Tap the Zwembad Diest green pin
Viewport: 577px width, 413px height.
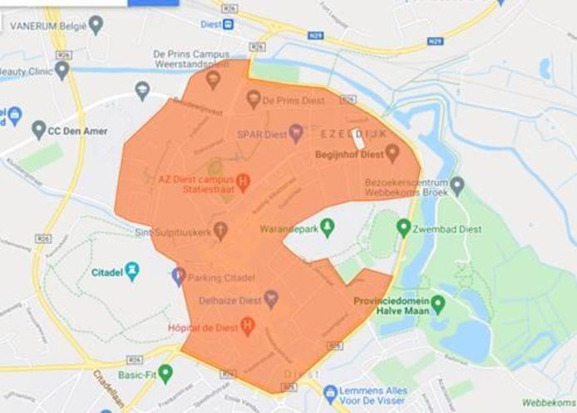(403, 227)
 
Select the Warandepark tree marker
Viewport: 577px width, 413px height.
(327, 225)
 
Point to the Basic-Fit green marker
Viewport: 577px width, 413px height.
(165, 373)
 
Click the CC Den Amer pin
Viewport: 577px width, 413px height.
(38, 130)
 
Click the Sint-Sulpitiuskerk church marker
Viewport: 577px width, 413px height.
(220, 231)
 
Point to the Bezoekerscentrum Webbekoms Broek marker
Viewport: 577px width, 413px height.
(457, 186)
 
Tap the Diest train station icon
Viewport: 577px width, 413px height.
(229, 23)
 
